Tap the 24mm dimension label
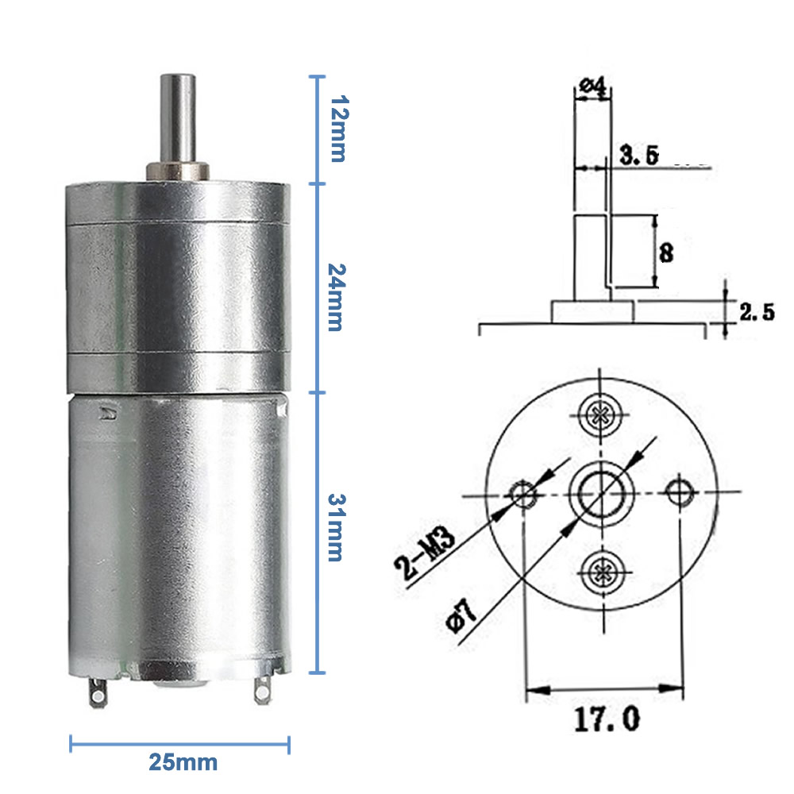(338, 288)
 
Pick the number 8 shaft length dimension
(666, 252)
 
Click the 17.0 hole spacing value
(604, 719)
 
